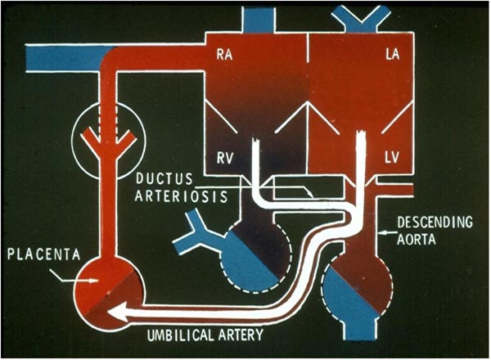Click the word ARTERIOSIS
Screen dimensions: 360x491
pos(173,193)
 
